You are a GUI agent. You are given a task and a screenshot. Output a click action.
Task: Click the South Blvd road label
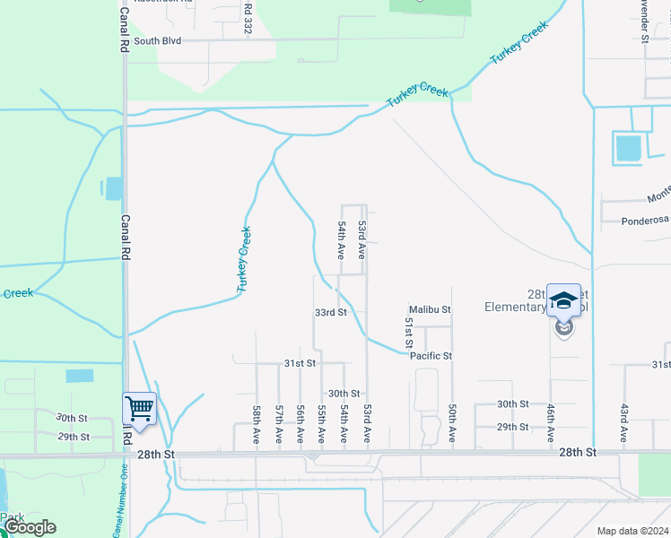157,41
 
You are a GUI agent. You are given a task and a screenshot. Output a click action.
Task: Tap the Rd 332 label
247,19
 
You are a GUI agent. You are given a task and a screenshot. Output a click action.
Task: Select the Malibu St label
430,309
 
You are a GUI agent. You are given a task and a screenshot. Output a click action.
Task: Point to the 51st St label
408,332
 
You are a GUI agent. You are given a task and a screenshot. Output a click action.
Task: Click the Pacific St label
431,356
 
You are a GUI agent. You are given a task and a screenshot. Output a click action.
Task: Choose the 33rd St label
330,312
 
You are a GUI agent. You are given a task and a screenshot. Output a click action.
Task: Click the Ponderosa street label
646,221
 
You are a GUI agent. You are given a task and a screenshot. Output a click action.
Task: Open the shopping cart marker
140,409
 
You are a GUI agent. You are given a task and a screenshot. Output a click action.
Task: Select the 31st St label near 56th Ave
301,363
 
